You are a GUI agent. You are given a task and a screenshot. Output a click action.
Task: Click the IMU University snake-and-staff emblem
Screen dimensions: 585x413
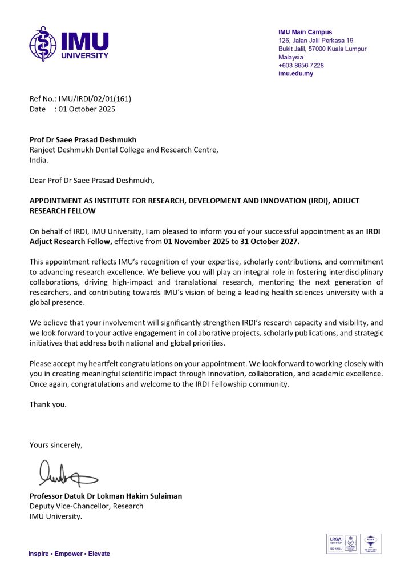click(43, 43)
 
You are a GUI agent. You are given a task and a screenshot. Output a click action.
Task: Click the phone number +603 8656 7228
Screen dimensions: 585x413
click(301, 66)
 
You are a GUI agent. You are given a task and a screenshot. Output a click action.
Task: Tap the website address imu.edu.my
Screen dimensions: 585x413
click(295, 74)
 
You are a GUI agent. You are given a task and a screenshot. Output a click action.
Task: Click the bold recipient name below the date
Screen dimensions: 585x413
click(83, 139)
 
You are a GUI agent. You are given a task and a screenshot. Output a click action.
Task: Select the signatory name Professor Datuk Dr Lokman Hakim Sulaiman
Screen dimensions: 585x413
click(106, 496)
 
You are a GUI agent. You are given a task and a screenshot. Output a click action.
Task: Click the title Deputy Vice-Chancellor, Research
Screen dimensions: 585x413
click(87, 506)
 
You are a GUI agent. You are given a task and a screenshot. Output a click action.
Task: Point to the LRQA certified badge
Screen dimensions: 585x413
click(334, 544)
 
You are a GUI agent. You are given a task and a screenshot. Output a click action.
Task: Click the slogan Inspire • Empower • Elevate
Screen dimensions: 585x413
click(69, 554)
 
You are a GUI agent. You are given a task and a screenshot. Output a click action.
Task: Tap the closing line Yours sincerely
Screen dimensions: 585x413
click(56, 445)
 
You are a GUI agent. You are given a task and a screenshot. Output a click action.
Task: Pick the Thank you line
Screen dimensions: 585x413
click(48, 404)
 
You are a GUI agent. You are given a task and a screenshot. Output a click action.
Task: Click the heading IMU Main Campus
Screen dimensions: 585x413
click(305, 33)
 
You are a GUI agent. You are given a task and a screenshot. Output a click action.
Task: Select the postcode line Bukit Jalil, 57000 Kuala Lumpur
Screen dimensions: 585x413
click(322, 49)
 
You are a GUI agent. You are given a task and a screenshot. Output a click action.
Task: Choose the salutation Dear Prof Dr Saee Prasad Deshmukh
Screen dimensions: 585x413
click(92, 181)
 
